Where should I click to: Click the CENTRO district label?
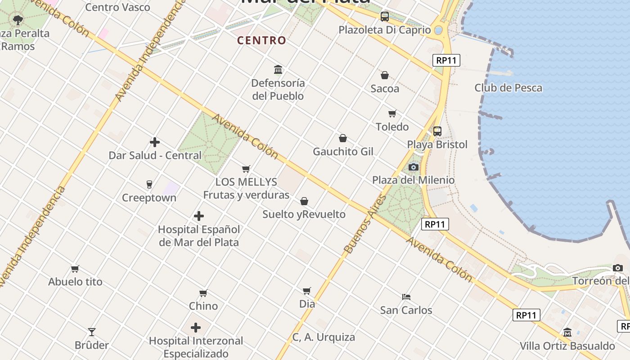pos(261,40)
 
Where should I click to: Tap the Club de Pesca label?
pos(508,88)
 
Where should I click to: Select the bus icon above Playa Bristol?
pos(437,131)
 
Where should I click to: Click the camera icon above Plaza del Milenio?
pos(413,167)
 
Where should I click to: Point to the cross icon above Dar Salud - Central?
pos(155,142)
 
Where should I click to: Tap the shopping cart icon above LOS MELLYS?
pos(246,169)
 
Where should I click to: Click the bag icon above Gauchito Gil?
pos(343,138)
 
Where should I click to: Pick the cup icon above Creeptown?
pos(149,184)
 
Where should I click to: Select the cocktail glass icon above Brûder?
pos(92,332)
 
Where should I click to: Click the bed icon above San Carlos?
pos(406,297)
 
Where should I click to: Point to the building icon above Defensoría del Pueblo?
pos(278,70)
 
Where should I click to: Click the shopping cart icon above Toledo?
pos(392,114)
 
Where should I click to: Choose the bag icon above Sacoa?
pos(385,75)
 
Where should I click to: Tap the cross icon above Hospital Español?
pos(199,216)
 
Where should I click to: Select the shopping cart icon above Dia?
pos(307,291)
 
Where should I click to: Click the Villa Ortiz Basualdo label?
pos(567,346)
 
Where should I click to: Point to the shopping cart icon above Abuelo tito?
pos(75,269)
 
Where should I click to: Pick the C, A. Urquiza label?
pos(324,337)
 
